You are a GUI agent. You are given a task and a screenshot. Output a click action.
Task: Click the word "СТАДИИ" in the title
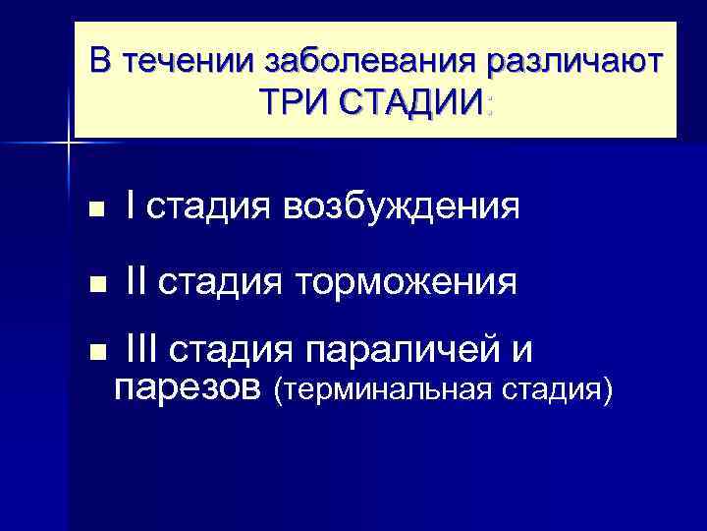[411, 100]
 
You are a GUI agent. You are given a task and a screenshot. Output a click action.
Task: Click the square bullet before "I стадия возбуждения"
[95, 209]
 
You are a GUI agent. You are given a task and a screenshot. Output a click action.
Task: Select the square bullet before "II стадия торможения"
[95, 286]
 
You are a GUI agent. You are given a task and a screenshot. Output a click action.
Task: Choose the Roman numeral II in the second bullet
[136, 282]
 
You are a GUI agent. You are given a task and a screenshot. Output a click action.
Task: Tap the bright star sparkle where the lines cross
[69, 144]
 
